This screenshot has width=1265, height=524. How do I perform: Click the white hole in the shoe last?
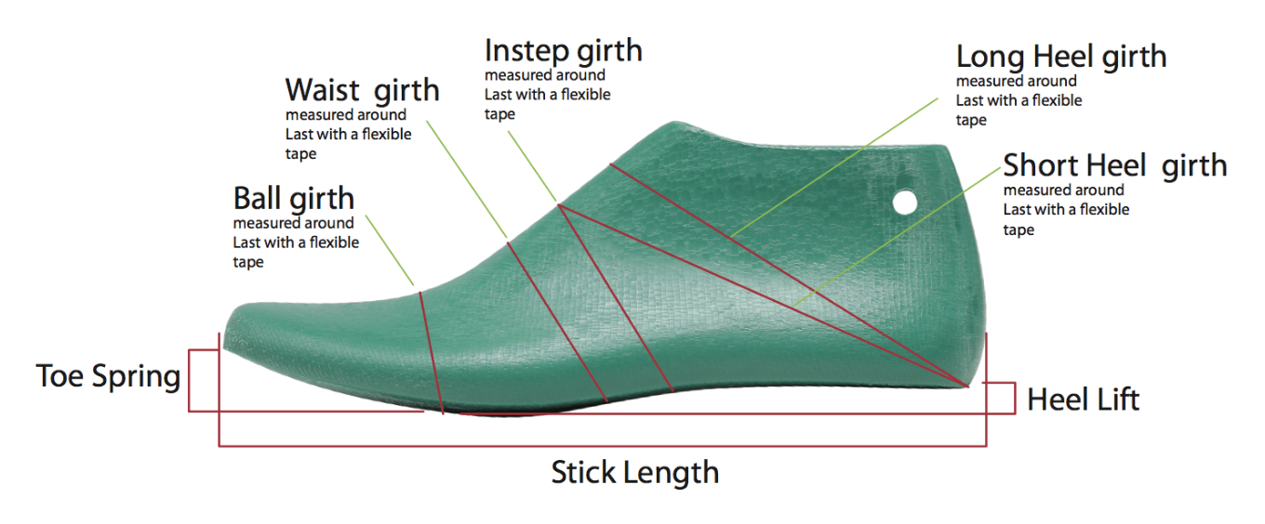(905, 202)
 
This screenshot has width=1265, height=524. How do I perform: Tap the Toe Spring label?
(109, 376)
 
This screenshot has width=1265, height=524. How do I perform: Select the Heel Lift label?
(1083, 400)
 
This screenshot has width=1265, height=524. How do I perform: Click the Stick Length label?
(634, 472)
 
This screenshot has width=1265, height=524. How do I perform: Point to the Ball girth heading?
(294, 199)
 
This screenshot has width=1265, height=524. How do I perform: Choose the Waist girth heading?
(363, 90)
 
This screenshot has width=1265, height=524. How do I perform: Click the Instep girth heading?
(564, 51)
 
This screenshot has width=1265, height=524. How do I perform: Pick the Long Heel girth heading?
(1061, 57)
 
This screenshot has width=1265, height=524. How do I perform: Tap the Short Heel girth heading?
(1115, 165)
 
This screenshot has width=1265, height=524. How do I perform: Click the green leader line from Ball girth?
(390, 250)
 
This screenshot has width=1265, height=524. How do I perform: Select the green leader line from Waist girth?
(467, 180)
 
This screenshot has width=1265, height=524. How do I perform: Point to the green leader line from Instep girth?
(533, 166)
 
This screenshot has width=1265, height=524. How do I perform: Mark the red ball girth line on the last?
(432, 353)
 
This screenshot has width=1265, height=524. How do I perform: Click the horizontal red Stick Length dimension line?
(603, 447)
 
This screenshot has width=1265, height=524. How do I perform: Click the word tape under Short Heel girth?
(1019, 230)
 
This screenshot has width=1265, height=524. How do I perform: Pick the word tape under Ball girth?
(248, 262)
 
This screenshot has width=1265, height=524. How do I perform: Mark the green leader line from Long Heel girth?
(834, 167)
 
